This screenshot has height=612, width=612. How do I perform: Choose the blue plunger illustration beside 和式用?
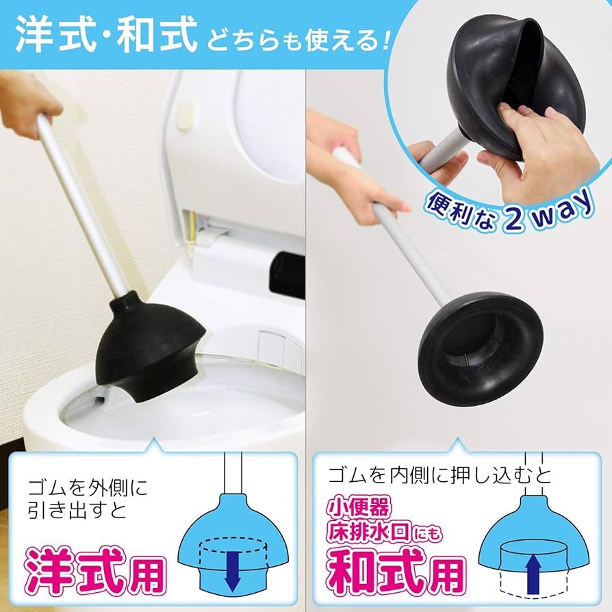pos(531,541)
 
